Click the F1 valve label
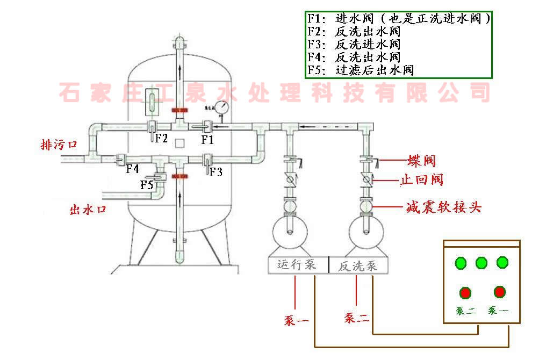pyautogui.click(x=207, y=140)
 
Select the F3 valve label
pyautogui.click(x=216, y=172)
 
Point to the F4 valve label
pyautogui.click(x=133, y=169)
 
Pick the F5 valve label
pyautogui.click(x=147, y=185)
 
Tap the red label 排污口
pyautogui.click(x=59, y=145)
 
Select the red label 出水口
pyautogui.click(x=88, y=209)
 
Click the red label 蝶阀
pyautogui.click(x=421, y=160)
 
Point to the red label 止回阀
pyautogui.click(x=421, y=179)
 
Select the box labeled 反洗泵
pyautogui.click(x=357, y=265)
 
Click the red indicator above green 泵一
pyautogui.click(x=500, y=292)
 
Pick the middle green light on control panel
pyautogui.click(x=481, y=263)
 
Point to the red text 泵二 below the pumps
pyautogui.click(x=357, y=319)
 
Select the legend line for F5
pyautogui.click(x=361, y=70)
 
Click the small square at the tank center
pyautogui.click(x=180, y=143)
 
